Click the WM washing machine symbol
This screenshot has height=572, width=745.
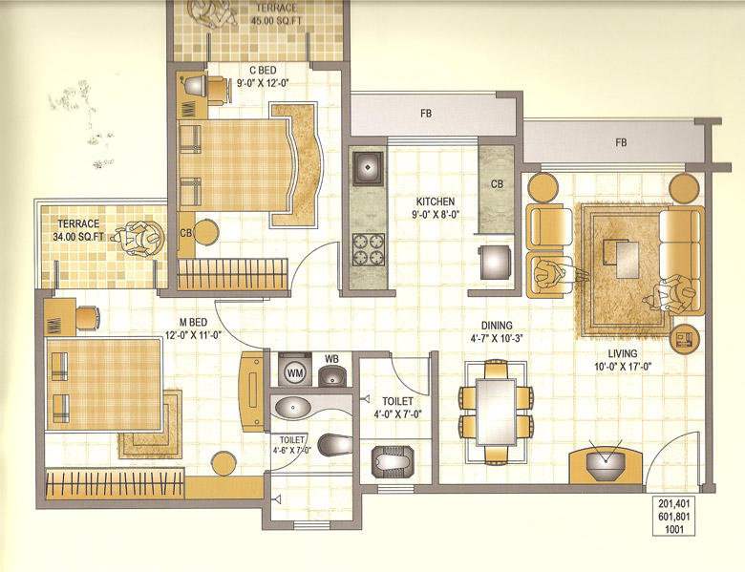coord(294,372)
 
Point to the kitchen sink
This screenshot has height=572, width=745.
coord(368,171)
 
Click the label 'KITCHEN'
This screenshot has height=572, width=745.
coord(435,202)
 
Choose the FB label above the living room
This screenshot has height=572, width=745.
coord(621,143)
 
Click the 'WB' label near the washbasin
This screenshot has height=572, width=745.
coord(331,359)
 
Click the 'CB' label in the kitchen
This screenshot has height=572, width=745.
coord(498,183)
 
